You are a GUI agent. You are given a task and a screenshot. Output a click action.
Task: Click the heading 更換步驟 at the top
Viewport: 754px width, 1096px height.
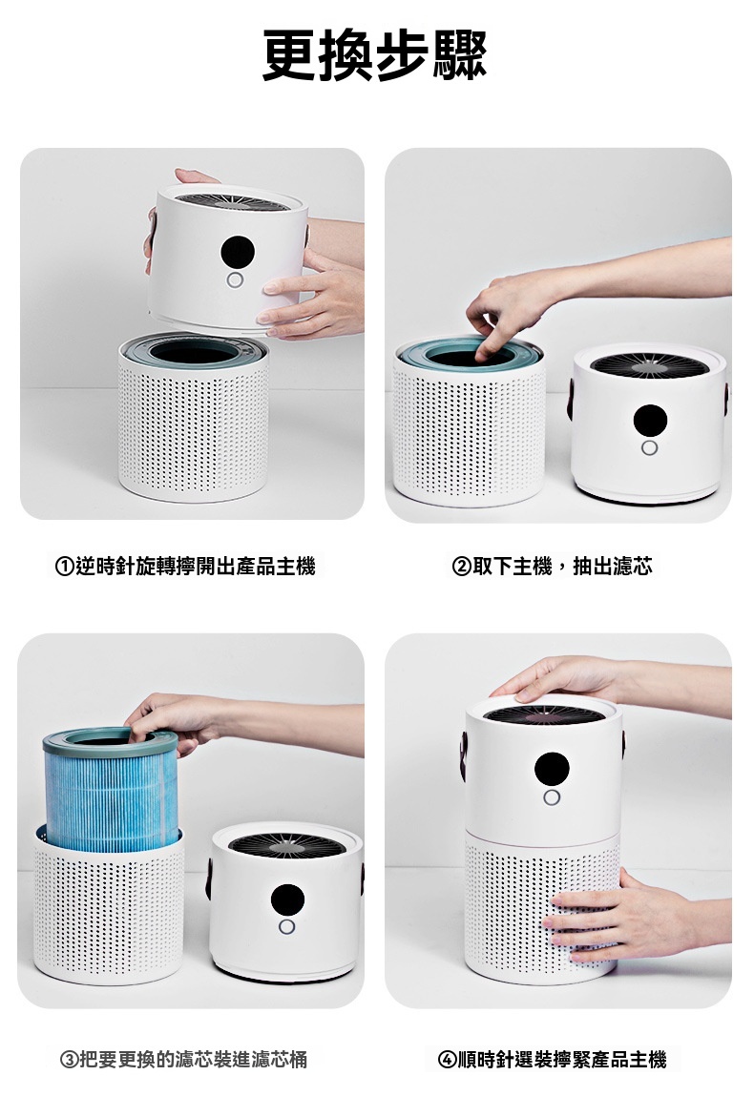(375, 53)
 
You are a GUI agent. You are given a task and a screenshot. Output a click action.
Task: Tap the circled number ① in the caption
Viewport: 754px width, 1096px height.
(65, 567)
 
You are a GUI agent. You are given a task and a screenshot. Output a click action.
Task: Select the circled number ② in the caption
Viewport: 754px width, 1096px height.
(462, 567)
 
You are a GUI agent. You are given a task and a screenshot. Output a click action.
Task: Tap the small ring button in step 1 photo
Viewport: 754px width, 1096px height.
(235, 280)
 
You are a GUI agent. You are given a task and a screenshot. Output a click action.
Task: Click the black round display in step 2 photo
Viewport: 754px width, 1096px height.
(650, 420)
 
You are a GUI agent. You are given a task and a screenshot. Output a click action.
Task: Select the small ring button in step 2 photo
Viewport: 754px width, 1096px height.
(649, 447)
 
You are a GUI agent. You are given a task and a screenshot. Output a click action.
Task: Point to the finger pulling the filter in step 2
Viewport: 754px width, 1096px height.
(484, 342)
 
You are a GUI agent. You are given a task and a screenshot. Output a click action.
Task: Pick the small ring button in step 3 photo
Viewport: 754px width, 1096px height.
(286, 927)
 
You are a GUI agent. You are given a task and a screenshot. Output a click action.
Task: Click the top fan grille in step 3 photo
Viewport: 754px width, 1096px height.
(286, 844)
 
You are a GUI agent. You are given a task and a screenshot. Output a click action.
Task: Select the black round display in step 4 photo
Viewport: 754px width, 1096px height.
(552, 769)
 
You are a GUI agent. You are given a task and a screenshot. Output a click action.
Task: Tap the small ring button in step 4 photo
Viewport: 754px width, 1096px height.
(551, 797)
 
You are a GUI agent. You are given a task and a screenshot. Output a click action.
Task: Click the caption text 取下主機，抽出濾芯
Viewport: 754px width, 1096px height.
(562, 567)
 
